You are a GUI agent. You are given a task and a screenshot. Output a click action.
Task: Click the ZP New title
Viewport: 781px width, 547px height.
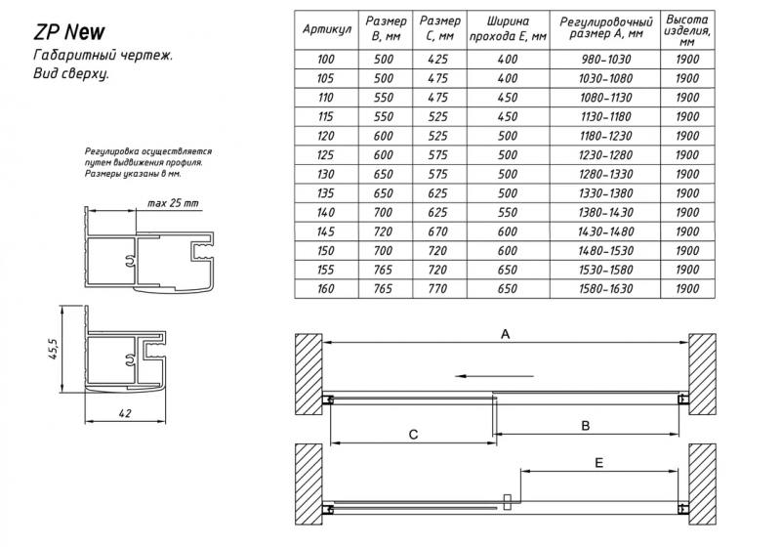68,32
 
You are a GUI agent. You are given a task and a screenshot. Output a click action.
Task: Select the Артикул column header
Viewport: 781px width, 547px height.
327,29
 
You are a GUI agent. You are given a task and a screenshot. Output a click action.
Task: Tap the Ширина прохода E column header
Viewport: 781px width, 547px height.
508,29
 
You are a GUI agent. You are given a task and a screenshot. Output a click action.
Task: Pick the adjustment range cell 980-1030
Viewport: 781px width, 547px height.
605,60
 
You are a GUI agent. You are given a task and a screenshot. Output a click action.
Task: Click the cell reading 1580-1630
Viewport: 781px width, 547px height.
605,289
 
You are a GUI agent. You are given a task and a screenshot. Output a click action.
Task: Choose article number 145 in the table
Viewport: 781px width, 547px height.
326,231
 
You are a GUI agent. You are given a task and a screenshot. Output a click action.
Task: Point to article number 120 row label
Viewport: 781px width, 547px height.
326,136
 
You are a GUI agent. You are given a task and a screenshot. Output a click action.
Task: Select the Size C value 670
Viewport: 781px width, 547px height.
437,231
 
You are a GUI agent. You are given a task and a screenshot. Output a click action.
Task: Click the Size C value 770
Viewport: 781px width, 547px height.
437,289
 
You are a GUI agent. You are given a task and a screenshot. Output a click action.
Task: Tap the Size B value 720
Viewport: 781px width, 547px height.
383,231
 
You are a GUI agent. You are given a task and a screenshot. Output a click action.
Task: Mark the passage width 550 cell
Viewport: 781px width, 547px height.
508,213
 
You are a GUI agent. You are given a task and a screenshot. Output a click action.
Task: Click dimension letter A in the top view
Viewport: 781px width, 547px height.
505,334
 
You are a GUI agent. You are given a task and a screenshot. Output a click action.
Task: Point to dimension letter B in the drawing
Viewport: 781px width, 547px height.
586,426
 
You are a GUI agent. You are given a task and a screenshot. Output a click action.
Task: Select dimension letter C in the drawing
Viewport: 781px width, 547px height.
413,435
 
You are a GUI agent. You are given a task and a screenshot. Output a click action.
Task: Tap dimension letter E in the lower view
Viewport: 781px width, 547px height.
598,463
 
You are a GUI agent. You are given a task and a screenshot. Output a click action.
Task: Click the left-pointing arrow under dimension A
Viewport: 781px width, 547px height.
494,376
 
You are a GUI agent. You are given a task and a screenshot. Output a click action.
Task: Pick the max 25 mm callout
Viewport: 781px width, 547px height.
173,203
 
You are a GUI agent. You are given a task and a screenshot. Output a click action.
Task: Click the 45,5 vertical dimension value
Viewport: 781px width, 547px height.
55,350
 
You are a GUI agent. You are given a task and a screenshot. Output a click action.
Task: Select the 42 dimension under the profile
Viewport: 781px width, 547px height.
126,413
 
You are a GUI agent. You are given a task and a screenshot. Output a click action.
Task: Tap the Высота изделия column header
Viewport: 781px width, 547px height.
687,30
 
